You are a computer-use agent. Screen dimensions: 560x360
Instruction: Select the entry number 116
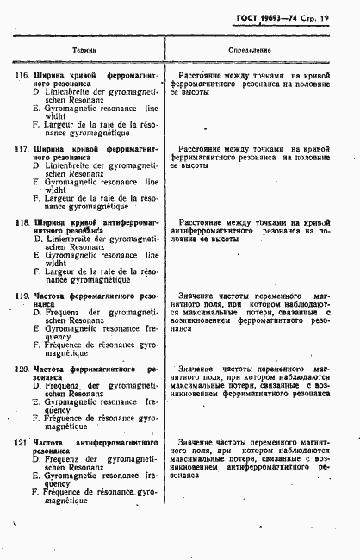coord(22,76)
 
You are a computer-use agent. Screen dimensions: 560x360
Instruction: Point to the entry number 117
coord(22,149)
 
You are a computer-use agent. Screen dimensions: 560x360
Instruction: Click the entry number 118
coord(22,221)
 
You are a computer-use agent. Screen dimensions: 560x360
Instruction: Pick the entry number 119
coord(22,295)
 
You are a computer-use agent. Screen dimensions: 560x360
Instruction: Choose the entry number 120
coord(22,368)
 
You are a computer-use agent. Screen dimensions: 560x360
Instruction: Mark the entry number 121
coord(22,441)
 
